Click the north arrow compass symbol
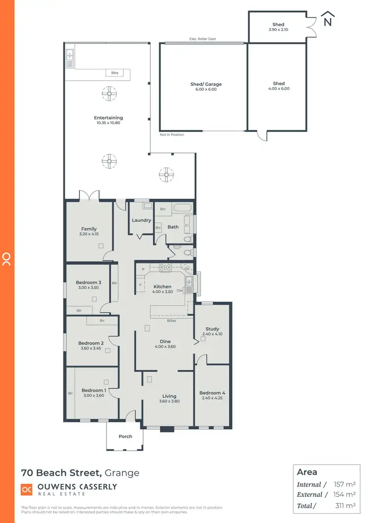[327, 20]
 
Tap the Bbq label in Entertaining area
[115, 73]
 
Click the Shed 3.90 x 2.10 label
[278, 27]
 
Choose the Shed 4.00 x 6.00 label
[278, 86]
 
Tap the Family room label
[89, 231]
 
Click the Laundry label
[141, 220]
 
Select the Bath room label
[173, 227]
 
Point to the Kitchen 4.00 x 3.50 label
[162, 289]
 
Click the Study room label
[213, 331]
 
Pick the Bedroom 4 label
[212, 395]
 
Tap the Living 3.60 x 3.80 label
[169, 398]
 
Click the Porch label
[125, 436]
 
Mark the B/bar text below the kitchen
[172, 321]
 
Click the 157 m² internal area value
[344, 485]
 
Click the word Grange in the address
[122, 473]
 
